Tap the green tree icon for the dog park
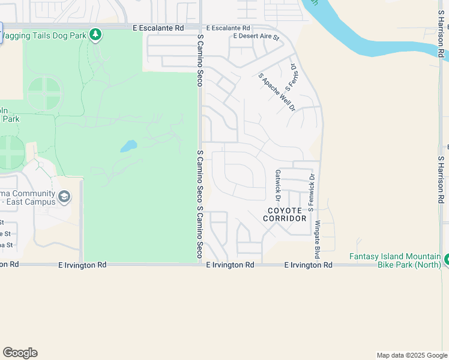pyautogui.click(x=95, y=35)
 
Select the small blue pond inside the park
pyautogui.click(x=128, y=146)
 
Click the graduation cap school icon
pyautogui.click(x=64, y=196)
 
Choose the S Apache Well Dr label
pyautogui.click(x=277, y=92)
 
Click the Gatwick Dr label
pyautogui.click(x=278, y=185)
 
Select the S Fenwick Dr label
pyautogui.click(x=311, y=193)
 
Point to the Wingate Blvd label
pyautogui.click(x=318, y=236)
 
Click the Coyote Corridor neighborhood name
pyautogui.click(x=285, y=214)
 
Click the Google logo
pyautogui.click(x=20, y=353)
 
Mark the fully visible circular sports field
pyautogui.click(x=44, y=94)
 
